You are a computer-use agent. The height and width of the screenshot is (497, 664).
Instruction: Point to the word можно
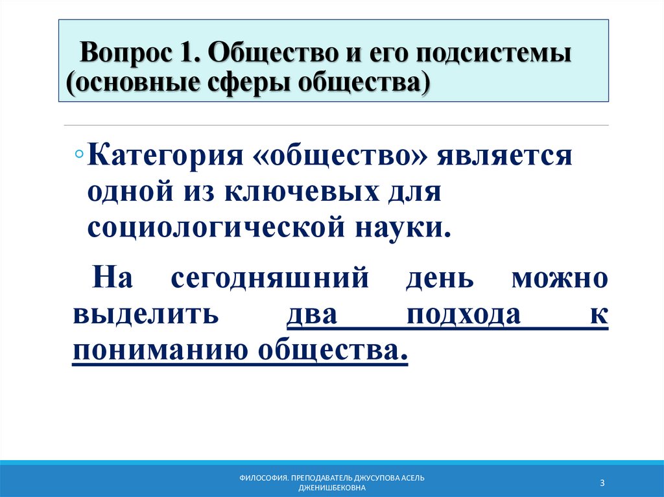coord(560,279)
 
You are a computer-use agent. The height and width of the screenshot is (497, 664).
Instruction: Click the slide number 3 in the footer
coord(602,483)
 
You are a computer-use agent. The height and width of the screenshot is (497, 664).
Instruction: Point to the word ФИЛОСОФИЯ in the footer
coord(263,478)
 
